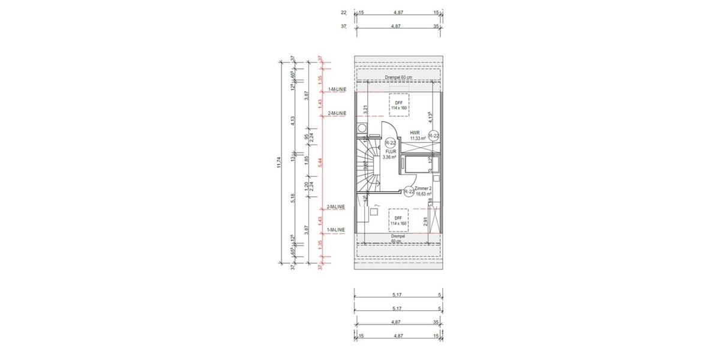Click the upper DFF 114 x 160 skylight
click(x=398, y=105)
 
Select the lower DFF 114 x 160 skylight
click(x=398, y=220)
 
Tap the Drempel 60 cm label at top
click(x=398, y=78)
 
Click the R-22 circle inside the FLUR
click(x=390, y=143)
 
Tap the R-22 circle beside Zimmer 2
click(x=409, y=191)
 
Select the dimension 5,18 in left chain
click(x=293, y=198)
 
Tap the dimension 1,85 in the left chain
click(x=307, y=160)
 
